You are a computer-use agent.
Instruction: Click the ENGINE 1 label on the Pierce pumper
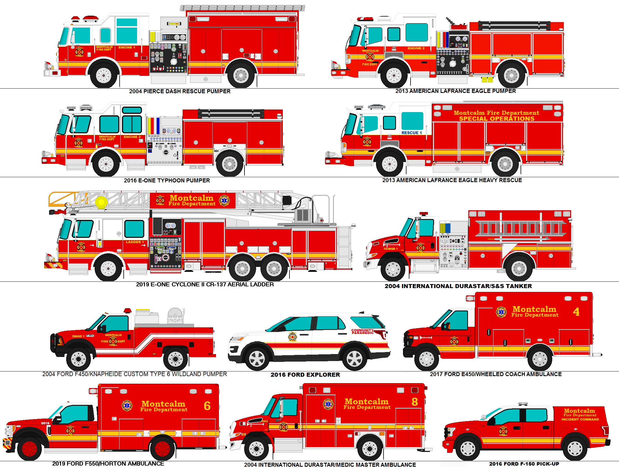pos(127,47)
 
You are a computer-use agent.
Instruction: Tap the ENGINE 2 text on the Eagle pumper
pos(416,48)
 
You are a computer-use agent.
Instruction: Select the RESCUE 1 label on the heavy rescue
pos(411,133)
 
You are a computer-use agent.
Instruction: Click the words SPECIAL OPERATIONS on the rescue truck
pos(496,119)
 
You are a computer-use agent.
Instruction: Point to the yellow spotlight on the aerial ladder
pos(101,202)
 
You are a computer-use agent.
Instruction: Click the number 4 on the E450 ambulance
pos(576,312)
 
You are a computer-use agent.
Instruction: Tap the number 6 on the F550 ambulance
pos(207,406)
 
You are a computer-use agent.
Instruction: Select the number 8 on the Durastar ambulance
pos(415,402)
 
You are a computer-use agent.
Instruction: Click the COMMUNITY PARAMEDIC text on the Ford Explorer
pos(362,331)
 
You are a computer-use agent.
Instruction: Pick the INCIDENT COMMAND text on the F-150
pos(580,419)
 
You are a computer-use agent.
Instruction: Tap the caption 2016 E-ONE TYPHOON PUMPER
pos(167,180)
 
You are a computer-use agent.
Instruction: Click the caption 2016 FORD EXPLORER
pos(305,375)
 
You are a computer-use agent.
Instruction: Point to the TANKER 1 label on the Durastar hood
pos(390,249)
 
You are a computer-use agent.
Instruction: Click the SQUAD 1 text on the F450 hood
pos(78,336)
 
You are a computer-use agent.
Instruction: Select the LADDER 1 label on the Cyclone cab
pos(135,242)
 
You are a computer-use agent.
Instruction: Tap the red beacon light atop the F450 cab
pos(127,311)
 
